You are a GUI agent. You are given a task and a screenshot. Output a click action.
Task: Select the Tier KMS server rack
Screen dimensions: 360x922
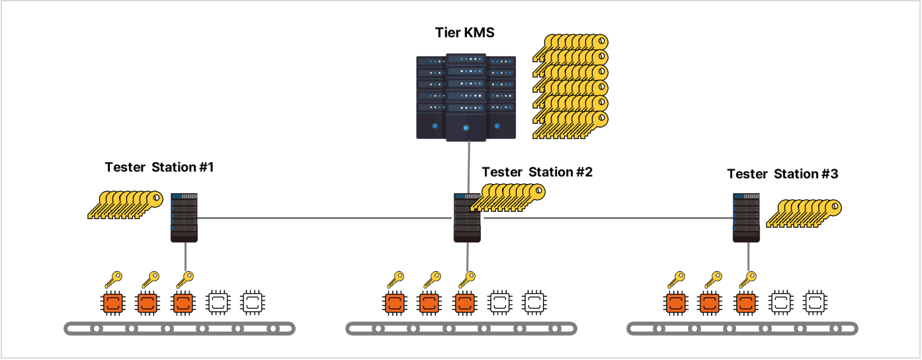[466, 97]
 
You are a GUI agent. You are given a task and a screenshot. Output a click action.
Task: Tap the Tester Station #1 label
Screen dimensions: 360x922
[159, 167]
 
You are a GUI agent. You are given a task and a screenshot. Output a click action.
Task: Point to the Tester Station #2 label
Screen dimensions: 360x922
[537, 172]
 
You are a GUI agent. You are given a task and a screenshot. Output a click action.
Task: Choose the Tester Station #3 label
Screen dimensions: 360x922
[782, 174]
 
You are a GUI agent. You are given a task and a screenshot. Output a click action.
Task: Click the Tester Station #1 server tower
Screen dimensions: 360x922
[185, 218]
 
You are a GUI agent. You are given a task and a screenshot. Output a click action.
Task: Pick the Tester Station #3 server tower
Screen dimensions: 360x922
[746, 218]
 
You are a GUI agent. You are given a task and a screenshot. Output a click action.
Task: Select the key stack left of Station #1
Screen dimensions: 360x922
[126, 204]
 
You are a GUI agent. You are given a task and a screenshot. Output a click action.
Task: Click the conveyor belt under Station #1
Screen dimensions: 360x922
[179, 328]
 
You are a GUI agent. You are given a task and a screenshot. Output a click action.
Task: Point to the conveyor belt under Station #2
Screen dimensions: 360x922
[462, 328]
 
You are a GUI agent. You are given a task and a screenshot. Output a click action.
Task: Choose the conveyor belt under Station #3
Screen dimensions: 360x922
[742, 328]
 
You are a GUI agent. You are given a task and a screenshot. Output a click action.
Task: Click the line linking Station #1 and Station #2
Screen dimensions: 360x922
[324, 218]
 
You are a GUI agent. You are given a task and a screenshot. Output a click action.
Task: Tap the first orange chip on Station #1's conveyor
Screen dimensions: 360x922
[112, 303]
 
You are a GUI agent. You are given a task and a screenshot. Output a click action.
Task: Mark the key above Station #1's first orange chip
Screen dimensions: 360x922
[114, 277]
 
